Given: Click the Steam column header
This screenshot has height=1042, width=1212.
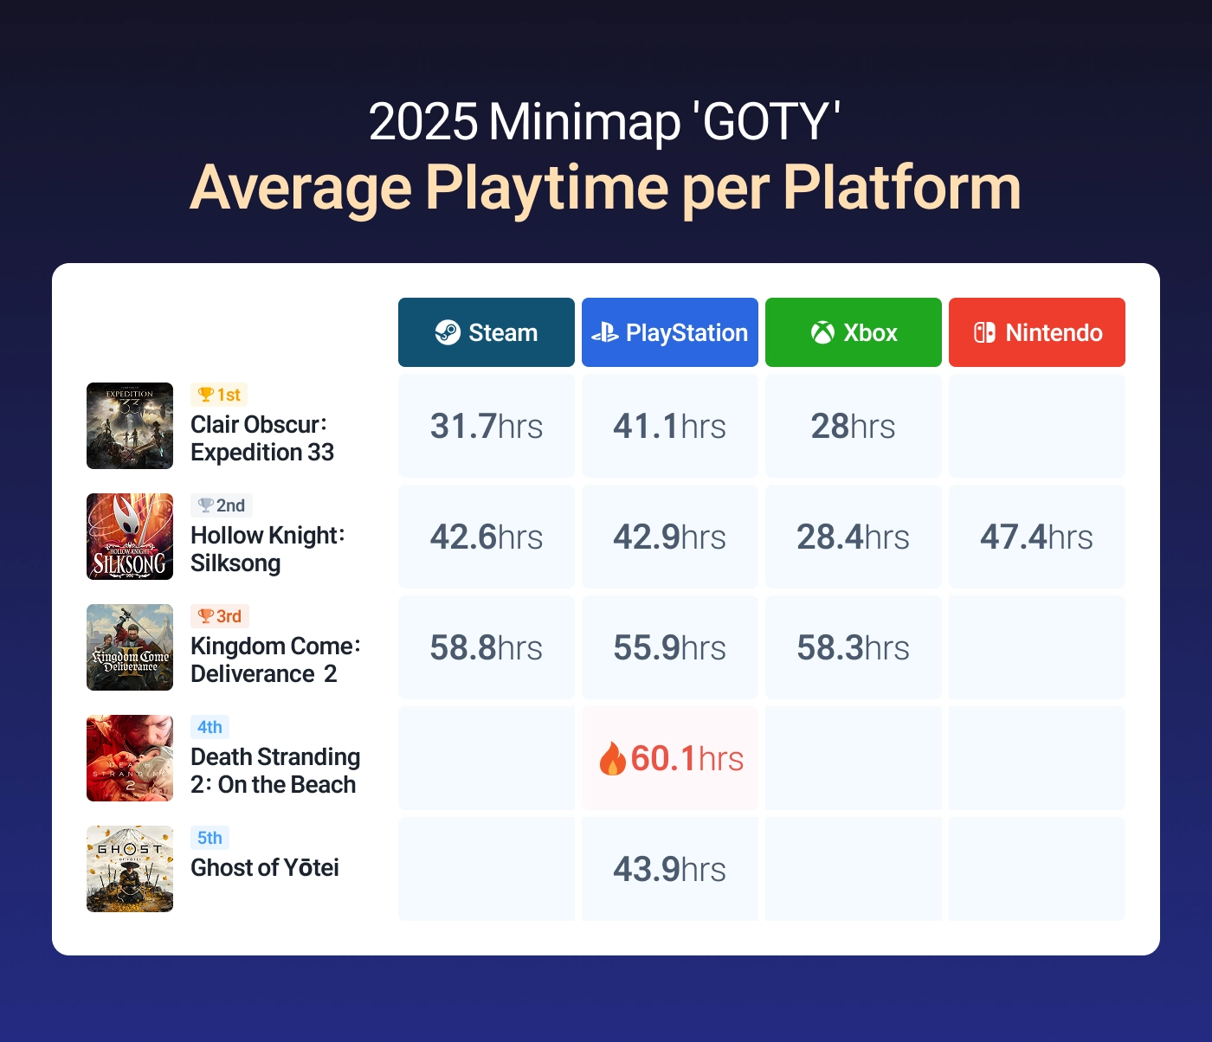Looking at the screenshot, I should tap(487, 332).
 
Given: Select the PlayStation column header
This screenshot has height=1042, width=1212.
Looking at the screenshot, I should tap(670, 332).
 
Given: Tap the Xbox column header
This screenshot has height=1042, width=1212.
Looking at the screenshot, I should tap(854, 332).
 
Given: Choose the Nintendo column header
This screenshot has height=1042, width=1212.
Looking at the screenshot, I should tap(1037, 332).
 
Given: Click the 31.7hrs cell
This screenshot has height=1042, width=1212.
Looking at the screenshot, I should tap(487, 426).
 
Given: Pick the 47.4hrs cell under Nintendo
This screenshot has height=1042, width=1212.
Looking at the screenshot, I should tap(1037, 537).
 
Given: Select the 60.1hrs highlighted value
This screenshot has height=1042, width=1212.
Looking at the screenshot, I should tap(687, 758).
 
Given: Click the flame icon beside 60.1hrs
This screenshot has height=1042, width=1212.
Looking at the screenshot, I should tap(612, 758).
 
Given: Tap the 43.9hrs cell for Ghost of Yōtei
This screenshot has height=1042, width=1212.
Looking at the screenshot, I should tap(670, 869).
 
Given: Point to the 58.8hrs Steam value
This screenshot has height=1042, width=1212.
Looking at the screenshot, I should tap(487, 647).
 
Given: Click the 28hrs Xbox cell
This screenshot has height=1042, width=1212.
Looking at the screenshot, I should tap(854, 426).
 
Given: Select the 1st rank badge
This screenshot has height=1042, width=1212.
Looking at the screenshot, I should tap(219, 395).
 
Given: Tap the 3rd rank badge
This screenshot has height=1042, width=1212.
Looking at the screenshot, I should tap(220, 616).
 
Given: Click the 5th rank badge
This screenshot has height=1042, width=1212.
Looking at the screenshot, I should tap(210, 838).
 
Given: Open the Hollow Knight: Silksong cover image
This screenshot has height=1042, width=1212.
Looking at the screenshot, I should tap(130, 537).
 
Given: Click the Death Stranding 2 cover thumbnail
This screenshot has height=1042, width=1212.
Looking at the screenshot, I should tap(130, 758).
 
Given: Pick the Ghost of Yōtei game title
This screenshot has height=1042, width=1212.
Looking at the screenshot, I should tap(265, 867).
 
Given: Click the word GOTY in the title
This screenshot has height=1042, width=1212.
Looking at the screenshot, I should tap(767, 121).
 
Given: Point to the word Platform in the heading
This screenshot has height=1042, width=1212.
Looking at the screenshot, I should tap(901, 187).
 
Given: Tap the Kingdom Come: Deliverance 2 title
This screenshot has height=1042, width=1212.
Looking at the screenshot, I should tap(274, 659).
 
